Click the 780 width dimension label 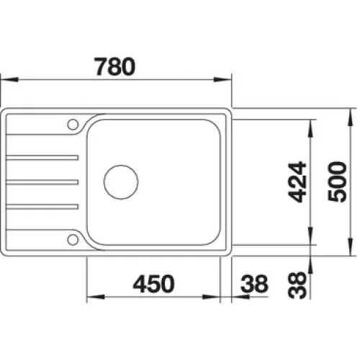click(x=115, y=66)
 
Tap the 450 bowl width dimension click(x=153, y=284)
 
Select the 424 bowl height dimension click(x=297, y=182)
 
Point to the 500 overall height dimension click(x=337, y=181)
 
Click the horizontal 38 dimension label click(x=254, y=284)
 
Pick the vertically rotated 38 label click(x=297, y=285)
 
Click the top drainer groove click(x=42, y=158)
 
